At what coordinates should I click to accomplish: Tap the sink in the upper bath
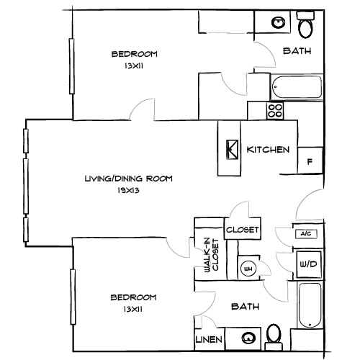pyautogui.click(x=277, y=23)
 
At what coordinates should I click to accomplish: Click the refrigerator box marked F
pyautogui.click(x=310, y=161)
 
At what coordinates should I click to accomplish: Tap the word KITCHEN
pyautogui.click(x=268, y=150)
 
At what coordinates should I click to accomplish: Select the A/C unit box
pyautogui.click(x=303, y=234)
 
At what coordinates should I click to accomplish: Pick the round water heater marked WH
pyautogui.click(x=248, y=269)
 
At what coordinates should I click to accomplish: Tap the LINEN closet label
pyautogui.click(x=208, y=338)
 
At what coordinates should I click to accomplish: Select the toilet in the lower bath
pyautogui.click(x=273, y=334)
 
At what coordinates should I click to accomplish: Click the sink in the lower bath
pyautogui.click(x=248, y=337)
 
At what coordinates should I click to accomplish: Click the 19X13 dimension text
pyautogui.click(x=128, y=191)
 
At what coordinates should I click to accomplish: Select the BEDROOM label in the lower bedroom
pyautogui.click(x=133, y=297)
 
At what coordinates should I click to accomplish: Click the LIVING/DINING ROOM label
pyautogui.click(x=128, y=179)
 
